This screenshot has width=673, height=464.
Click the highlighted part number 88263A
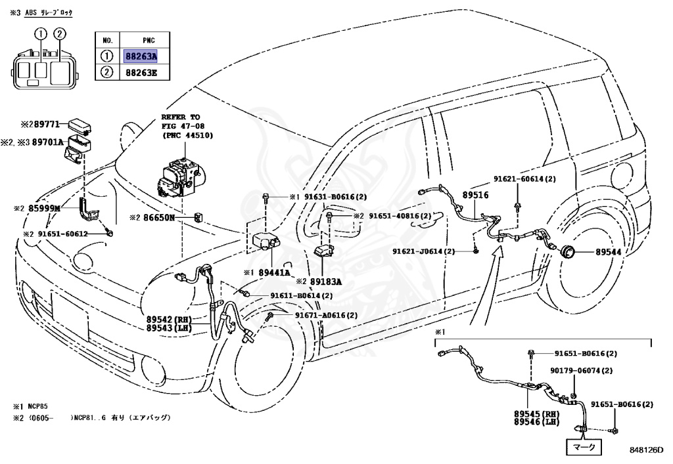point(141,56)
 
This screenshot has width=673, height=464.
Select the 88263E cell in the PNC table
point(141,73)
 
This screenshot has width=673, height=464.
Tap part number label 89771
point(47,124)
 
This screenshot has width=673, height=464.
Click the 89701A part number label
point(47,142)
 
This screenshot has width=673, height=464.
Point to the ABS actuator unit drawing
point(181,176)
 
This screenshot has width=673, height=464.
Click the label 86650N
point(159,218)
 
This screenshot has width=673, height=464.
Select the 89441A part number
point(274,272)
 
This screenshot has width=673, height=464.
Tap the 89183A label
point(326,282)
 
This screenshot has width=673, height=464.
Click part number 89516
point(475,195)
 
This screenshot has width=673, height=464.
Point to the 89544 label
point(608,252)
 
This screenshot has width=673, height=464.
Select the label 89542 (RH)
point(169,320)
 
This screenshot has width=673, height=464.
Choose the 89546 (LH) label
point(537,422)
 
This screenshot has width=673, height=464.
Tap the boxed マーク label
point(584,448)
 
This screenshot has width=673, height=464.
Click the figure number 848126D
point(646,450)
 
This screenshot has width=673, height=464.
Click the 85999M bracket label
point(44,208)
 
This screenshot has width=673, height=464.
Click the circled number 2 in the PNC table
point(107,72)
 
